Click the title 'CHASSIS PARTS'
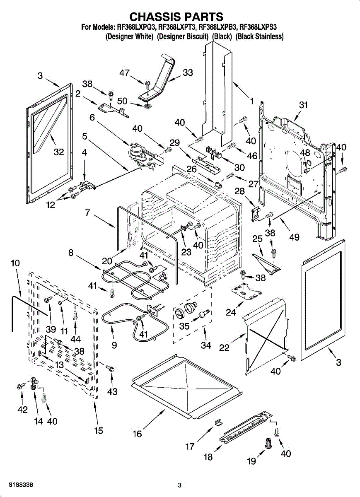pyautogui.click(x=176, y=17)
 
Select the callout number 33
pyautogui.click(x=188, y=72)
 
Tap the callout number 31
pyautogui.click(x=304, y=105)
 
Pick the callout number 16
pyautogui.click(x=137, y=434)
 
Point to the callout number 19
pyautogui.click(x=251, y=461)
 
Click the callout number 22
pyautogui.click(x=224, y=347)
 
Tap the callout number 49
pyautogui.click(x=294, y=237)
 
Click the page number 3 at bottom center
pyautogui.click(x=180, y=485)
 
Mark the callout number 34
pyautogui.click(x=206, y=345)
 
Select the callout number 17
pyautogui.click(x=190, y=446)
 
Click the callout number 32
pyautogui.click(x=59, y=152)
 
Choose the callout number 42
pyautogui.click(x=22, y=410)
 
